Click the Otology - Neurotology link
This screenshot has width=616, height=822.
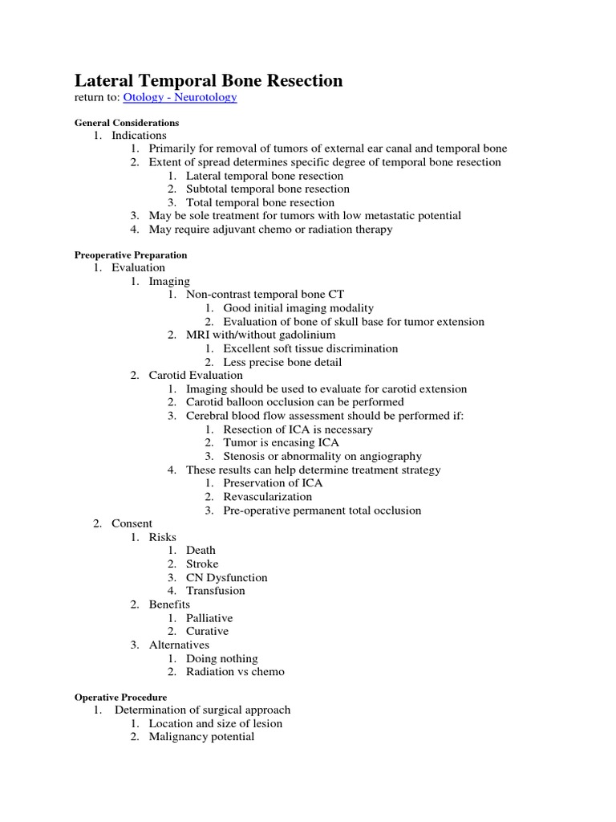click(180, 97)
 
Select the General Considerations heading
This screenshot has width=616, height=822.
click(127, 123)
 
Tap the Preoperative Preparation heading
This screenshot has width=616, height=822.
click(131, 255)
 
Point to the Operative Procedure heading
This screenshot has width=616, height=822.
click(121, 698)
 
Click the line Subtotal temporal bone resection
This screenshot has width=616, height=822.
click(268, 189)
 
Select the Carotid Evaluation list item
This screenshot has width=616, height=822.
click(196, 375)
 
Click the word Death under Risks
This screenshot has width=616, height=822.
click(201, 550)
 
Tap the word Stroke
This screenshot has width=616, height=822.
click(202, 564)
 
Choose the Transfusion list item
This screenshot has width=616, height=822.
click(216, 591)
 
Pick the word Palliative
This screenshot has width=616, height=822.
click(209, 618)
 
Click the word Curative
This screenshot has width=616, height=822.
click(207, 631)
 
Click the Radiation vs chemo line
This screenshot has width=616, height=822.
click(235, 672)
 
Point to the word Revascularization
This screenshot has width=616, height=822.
click(268, 496)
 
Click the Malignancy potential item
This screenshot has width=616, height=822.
click(201, 736)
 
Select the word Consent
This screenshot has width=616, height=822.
click(132, 523)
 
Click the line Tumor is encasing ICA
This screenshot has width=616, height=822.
click(282, 442)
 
